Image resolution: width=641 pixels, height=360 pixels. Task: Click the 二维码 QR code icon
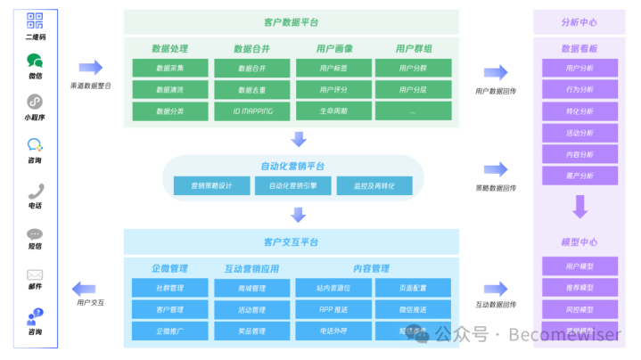[x=36, y=20]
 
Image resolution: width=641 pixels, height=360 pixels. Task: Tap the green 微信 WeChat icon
[x=36, y=61]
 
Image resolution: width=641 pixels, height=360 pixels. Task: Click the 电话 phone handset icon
[x=36, y=191]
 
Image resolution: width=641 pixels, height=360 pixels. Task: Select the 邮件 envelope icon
[x=36, y=275]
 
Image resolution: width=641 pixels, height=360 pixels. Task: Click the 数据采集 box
[x=170, y=68]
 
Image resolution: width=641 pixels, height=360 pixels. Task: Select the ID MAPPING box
[x=252, y=111]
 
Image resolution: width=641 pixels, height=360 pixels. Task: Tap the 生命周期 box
[x=333, y=111]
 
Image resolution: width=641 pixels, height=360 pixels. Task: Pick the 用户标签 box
[x=333, y=68]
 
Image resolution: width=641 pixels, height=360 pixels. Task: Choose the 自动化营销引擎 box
[x=292, y=185]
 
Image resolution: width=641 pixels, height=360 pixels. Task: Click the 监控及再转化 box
[x=374, y=185]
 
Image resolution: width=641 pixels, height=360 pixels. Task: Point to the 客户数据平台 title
[x=292, y=22]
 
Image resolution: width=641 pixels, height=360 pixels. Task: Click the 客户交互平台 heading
[x=292, y=242]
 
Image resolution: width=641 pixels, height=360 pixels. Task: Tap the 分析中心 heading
[x=579, y=22]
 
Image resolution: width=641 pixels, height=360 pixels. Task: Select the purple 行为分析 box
[x=579, y=89]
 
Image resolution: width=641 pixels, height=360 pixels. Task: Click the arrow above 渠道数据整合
[x=90, y=68]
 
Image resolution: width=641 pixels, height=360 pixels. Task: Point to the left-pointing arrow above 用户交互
[x=86, y=287]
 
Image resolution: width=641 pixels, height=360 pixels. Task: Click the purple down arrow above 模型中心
[x=579, y=208]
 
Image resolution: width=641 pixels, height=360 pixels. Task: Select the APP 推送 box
[x=333, y=310]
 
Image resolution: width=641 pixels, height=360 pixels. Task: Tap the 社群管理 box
[x=170, y=288]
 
